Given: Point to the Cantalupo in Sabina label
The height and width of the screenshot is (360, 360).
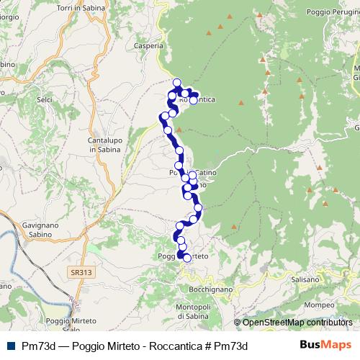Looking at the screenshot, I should pos(103,144).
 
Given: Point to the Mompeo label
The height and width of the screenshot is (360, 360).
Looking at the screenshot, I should pos(318,305).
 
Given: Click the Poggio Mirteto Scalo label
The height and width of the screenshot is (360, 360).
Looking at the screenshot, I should pos(73,324).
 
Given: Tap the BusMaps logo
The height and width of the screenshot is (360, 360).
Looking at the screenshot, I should pos(325,346).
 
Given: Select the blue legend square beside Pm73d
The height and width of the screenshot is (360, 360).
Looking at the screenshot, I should pos(9,346).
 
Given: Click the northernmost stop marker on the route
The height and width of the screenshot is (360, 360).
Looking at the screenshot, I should pos(177,82).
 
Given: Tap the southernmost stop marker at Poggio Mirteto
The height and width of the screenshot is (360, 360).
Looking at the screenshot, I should pos(187,258).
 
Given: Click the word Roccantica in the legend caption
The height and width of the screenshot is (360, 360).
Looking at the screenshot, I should pos(171,346).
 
